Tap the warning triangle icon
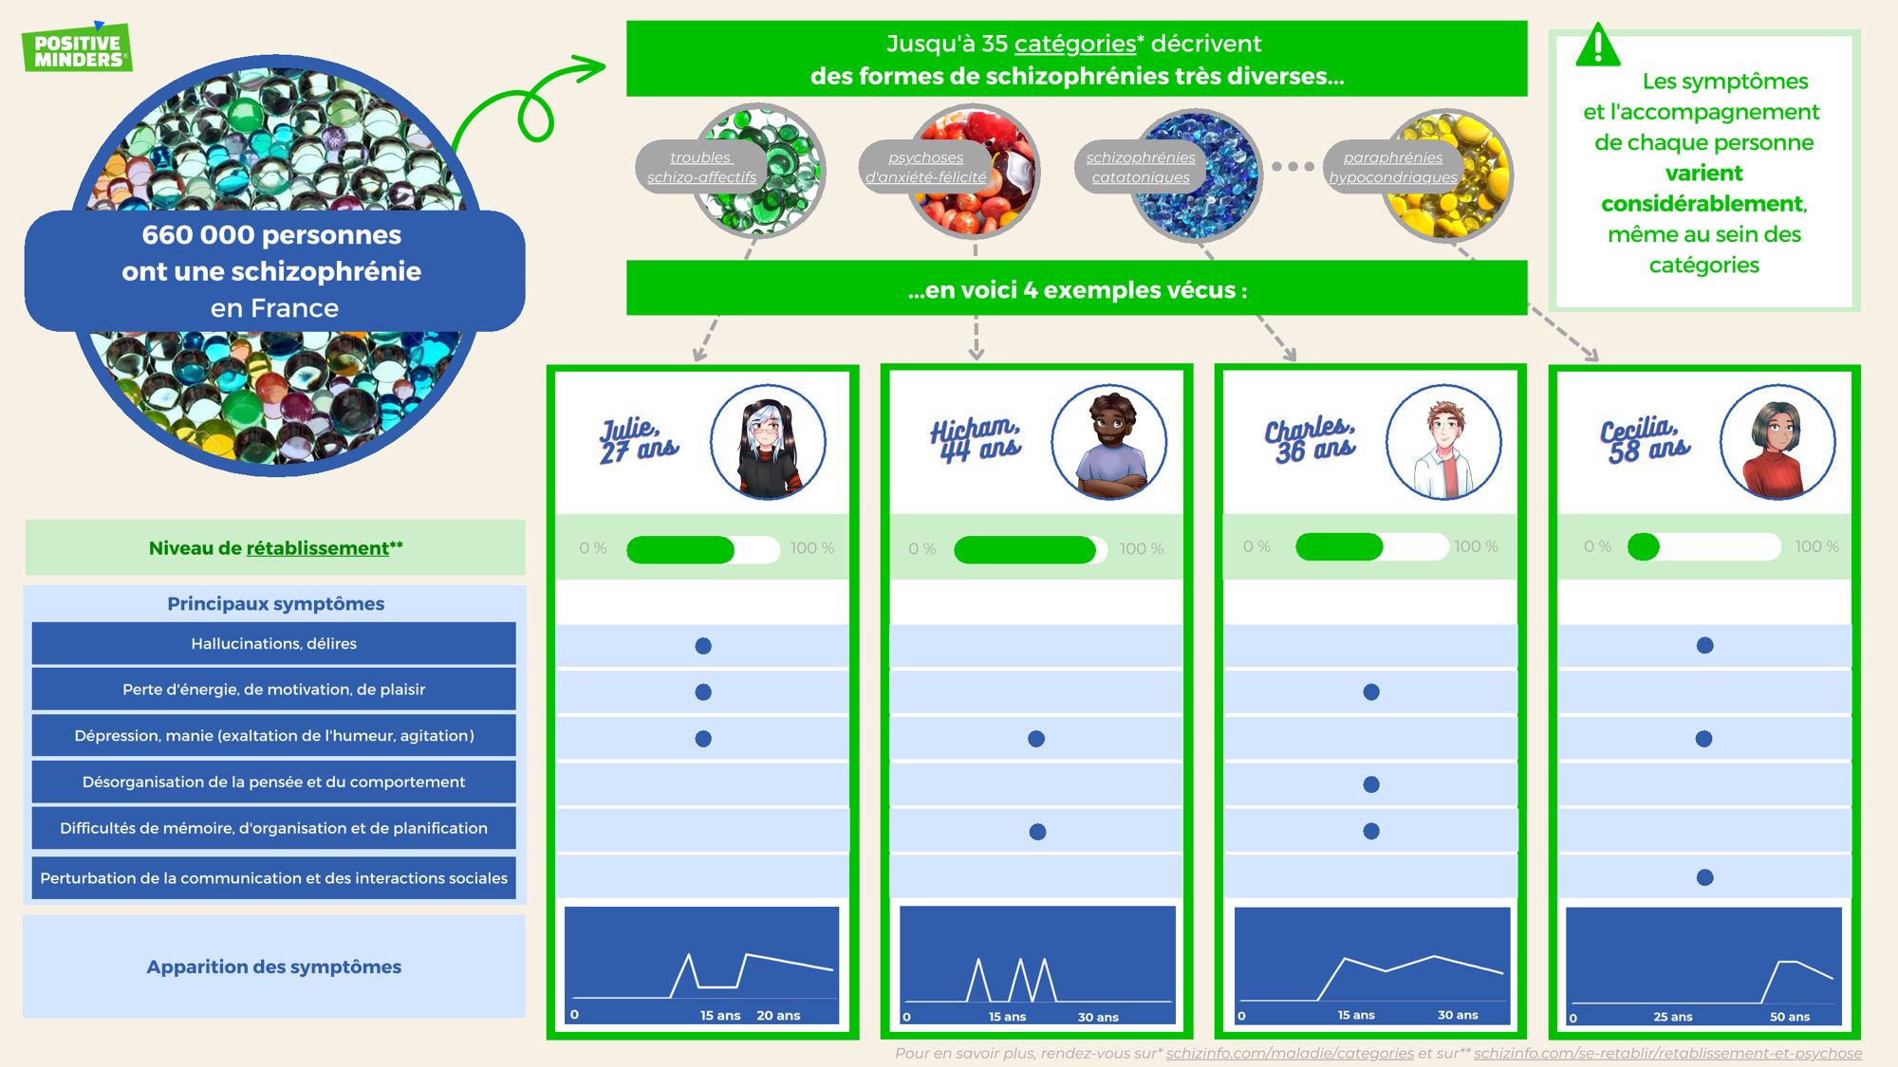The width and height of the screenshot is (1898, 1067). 1598,46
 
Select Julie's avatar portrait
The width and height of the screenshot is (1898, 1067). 768,442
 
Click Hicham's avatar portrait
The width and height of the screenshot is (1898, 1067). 1109,442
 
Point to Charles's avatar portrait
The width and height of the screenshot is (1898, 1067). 1443,442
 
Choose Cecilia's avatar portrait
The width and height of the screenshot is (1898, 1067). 1777,442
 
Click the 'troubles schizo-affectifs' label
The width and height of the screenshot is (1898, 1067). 701,167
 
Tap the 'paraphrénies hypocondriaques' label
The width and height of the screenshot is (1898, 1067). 1392,167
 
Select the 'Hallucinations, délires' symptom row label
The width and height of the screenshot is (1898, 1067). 273,644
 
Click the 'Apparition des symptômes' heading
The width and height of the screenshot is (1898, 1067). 273,966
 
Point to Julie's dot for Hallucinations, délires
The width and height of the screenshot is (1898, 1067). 703,646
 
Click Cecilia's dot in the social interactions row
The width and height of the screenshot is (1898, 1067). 1705,877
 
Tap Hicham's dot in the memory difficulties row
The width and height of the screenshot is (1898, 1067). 1037,832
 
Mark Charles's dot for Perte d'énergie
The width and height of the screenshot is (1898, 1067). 1371,692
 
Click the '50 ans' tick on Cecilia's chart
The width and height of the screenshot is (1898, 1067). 1789,1017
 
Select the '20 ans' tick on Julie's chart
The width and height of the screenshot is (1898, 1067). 778,1016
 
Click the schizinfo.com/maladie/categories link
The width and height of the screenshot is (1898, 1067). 1290,1053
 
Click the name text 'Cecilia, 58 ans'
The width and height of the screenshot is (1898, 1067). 1645,440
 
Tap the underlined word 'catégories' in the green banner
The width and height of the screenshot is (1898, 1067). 1074,44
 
